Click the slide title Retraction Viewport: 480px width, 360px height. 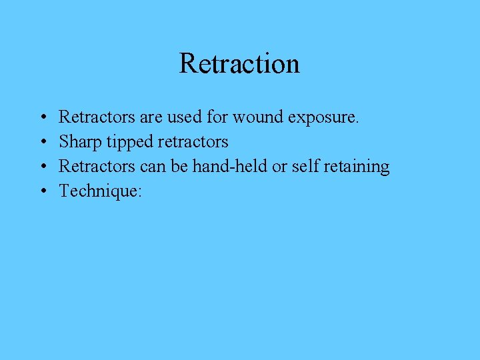(239, 64)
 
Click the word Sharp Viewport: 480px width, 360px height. (77, 142)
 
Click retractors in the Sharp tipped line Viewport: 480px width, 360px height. (193, 142)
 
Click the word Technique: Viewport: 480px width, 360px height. (101, 191)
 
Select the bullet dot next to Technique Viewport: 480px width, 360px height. (42, 191)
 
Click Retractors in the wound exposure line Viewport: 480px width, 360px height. (96, 118)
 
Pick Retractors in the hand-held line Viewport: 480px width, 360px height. (96, 166)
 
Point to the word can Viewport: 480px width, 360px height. (153, 166)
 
